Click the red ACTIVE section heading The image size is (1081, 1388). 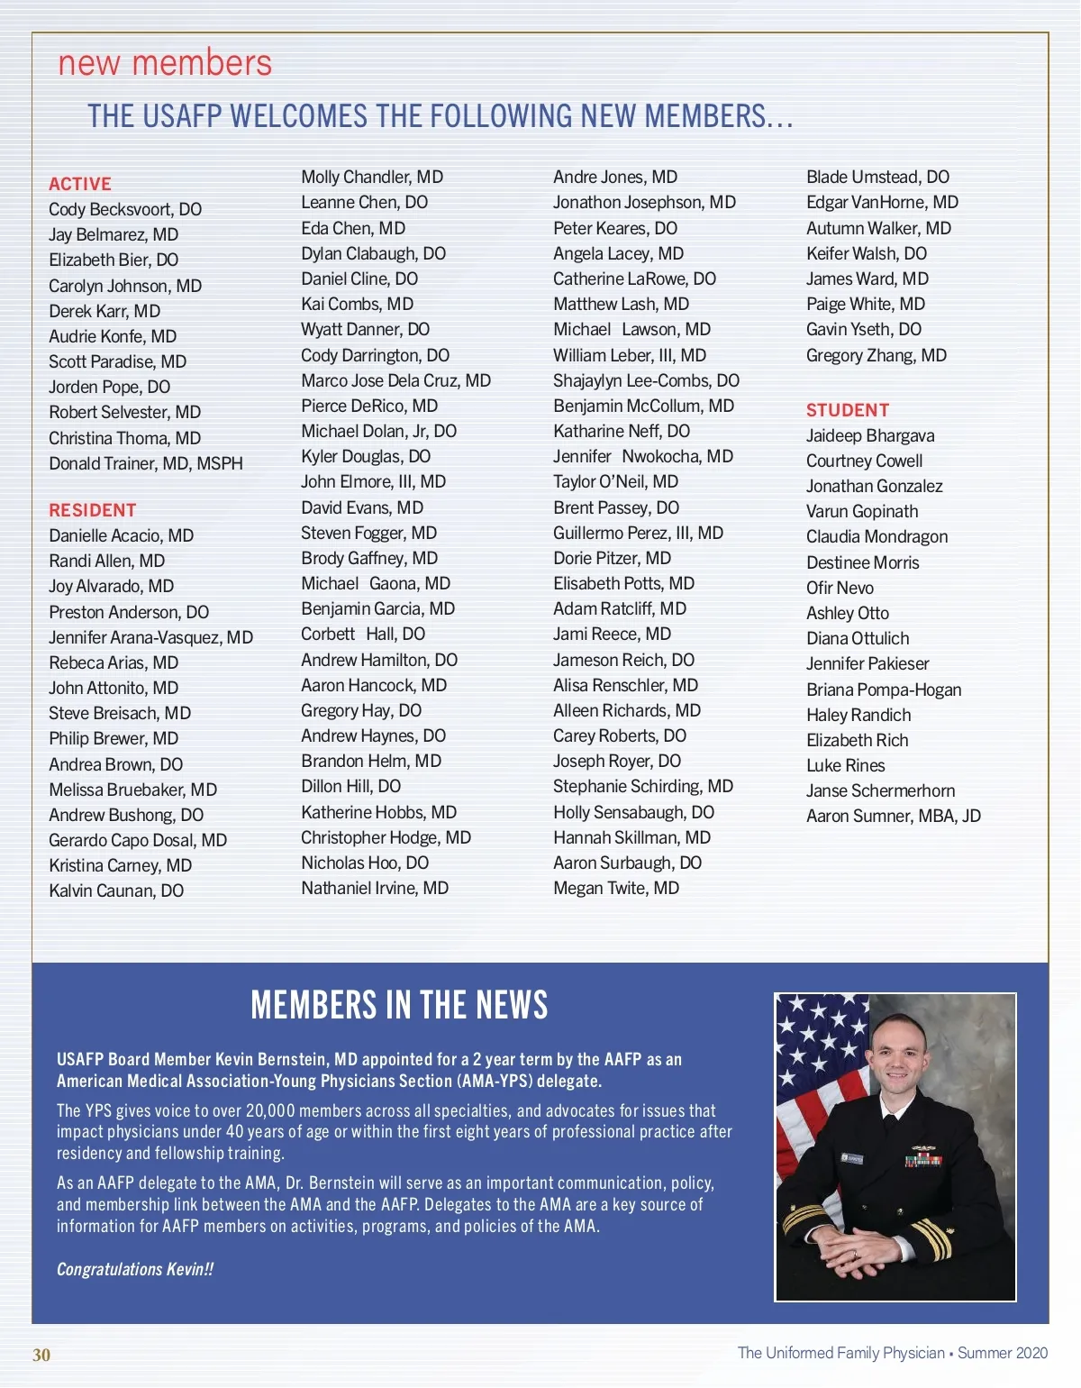pyautogui.click(x=80, y=184)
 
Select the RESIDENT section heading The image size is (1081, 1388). pyautogui.click(x=93, y=510)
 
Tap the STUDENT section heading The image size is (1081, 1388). pyautogui.click(x=848, y=410)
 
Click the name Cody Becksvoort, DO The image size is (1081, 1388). pyautogui.click(x=125, y=209)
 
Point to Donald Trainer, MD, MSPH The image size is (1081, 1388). pyautogui.click(x=146, y=463)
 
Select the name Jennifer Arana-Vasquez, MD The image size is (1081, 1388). pyautogui.click(x=150, y=637)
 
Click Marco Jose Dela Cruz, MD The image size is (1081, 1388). pyautogui.click(x=395, y=380)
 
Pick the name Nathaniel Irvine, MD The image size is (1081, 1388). pyautogui.click(x=375, y=888)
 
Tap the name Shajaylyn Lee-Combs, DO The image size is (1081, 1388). pyautogui.click(x=646, y=380)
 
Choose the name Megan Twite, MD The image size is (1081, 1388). pyautogui.click(x=616, y=888)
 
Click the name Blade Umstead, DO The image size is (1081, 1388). pyautogui.click(x=877, y=177)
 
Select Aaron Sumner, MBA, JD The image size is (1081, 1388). pyautogui.click(x=893, y=816)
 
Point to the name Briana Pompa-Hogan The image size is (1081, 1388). pyautogui.click(x=884, y=689)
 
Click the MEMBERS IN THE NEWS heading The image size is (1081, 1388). pyautogui.click(x=399, y=1005)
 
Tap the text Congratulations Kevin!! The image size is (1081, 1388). pyautogui.click(x=135, y=1269)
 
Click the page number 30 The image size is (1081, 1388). pyautogui.click(x=41, y=1355)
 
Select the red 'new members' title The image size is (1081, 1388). pyautogui.click(x=165, y=63)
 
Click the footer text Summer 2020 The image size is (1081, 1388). pyautogui.click(x=1003, y=1353)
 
